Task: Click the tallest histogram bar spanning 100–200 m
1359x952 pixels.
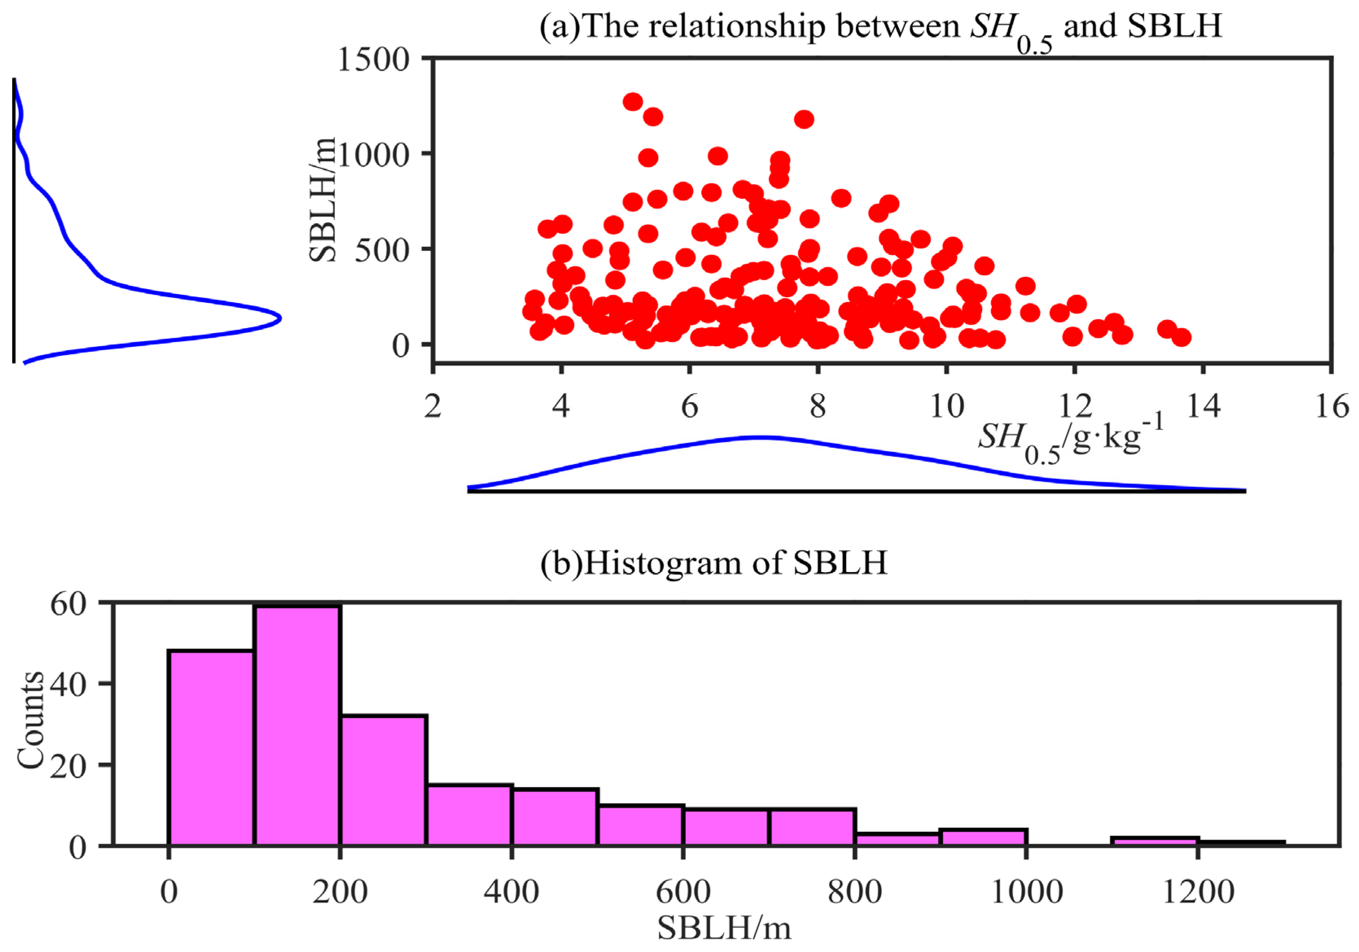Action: click(297, 725)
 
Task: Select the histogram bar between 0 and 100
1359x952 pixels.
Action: click(211, 747)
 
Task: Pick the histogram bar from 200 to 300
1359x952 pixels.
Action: click(383, 780)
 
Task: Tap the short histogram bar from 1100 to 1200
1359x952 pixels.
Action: click(1155, 841)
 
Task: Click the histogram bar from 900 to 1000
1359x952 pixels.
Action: click(983, 836)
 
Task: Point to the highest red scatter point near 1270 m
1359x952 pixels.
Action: click(633, 101)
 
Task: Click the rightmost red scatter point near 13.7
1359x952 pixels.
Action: click(1182, 338)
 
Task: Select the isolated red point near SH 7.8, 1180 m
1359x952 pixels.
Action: click(804, 119)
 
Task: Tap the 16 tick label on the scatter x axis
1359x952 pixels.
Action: click(1332, 407)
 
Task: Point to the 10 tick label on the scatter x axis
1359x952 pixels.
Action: click(946, 407)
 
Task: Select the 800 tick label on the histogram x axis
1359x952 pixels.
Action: click(854, 892)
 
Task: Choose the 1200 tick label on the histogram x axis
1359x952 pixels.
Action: click(1198, 892)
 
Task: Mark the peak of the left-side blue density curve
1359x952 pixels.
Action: click(279, 318)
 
